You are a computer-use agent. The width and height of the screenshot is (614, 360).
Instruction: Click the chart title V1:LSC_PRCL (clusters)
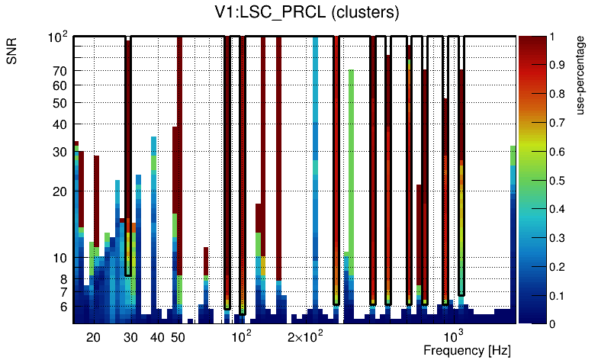tap(307, 13)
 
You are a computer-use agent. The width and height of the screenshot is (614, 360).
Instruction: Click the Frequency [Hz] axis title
tap(467, 350)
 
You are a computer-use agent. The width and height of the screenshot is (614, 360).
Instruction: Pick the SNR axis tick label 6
tap(64, 307)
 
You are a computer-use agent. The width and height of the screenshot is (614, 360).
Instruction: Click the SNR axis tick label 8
tap(64, 279)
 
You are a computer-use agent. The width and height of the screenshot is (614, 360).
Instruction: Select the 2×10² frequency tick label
tap(306, 337)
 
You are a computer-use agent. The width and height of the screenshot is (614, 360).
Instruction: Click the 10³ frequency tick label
tap(455, 336)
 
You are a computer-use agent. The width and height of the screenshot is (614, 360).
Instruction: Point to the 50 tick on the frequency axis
tap(178, 337)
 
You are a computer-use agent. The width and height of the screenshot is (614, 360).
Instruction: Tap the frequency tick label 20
tap(93, 337)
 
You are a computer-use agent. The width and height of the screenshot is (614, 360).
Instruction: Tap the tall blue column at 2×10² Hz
tap(315, 153)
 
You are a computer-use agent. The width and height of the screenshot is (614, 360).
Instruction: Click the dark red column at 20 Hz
tap(97, 198)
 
